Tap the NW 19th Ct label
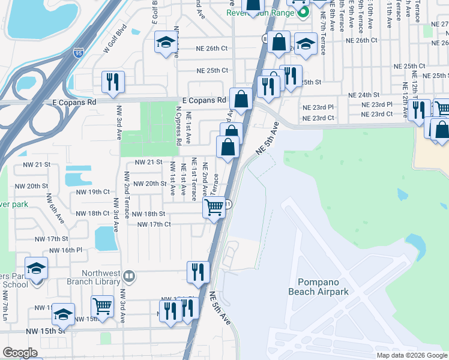(90, 191)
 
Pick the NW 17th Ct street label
(154, 224)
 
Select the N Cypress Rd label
(178, 127)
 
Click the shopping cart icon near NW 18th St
(214, 208)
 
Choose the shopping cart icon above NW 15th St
(103, 305)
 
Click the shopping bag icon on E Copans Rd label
(241, 99)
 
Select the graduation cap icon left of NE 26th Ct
(164, 43)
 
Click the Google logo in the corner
(20, 353)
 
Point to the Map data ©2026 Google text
(411, 355)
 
